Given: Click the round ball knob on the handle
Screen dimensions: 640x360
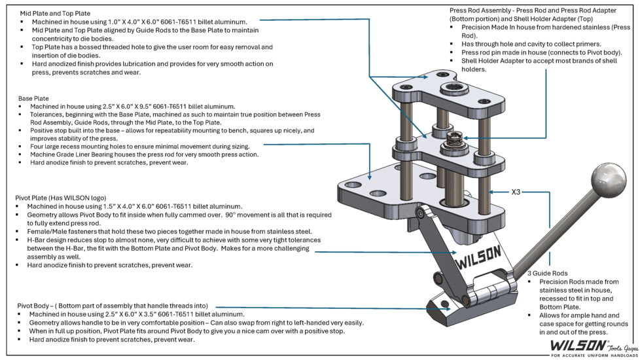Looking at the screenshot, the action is [x=609, y=180].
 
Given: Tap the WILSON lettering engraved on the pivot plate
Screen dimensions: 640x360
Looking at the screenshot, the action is [x=478, y=257].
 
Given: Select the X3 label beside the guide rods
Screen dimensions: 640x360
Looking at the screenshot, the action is [x=516, y=192].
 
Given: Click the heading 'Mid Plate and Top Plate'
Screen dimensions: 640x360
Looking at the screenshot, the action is [x=55, y=14].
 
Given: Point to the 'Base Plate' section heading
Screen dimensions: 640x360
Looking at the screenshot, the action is [x=33, y=98].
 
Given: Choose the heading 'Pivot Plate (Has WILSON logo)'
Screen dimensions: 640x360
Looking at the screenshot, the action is [x=61, y=198].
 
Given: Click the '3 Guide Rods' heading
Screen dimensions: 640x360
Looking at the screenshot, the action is [x=547, y=274].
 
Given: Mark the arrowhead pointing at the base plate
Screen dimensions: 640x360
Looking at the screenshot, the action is [x=370, y=177].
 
